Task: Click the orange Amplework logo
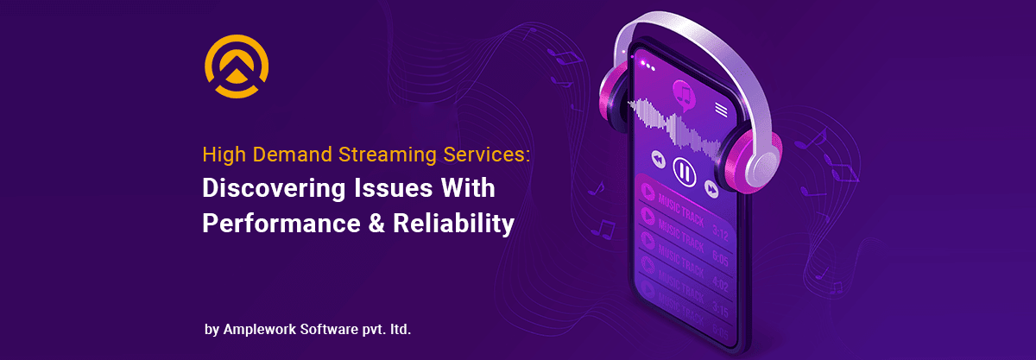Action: [236, 66]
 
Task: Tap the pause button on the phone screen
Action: [684, 172]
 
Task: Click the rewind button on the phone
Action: [658, 160]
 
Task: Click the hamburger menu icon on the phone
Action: [721, 109]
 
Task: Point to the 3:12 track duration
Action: [719, 231]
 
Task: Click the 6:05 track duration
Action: [719, 256]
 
